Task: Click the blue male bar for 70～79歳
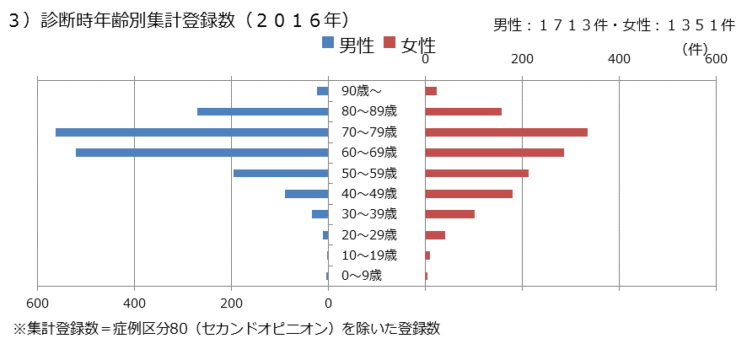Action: (x=191, y=132)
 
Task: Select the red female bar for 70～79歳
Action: (x=506, y=132)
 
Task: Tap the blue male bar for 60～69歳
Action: (x=202, y=153)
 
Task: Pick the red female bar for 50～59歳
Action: (x=476, y=173)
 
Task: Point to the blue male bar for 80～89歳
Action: (x=262, y=111)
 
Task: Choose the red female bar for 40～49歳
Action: (x=469, y=194)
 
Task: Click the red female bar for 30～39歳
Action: (x=449, y=214)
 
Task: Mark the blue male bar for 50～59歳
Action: (x=280, y=173)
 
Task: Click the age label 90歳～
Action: (x=362, y=91)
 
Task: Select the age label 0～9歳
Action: (x=362, y=276)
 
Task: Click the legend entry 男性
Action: (x=347, y=46)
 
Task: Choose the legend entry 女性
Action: (x=408, y=46)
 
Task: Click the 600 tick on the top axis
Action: (x=716, y=59)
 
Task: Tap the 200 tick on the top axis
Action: (x=522, y=59)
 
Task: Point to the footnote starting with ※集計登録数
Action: (x=226, y=328)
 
